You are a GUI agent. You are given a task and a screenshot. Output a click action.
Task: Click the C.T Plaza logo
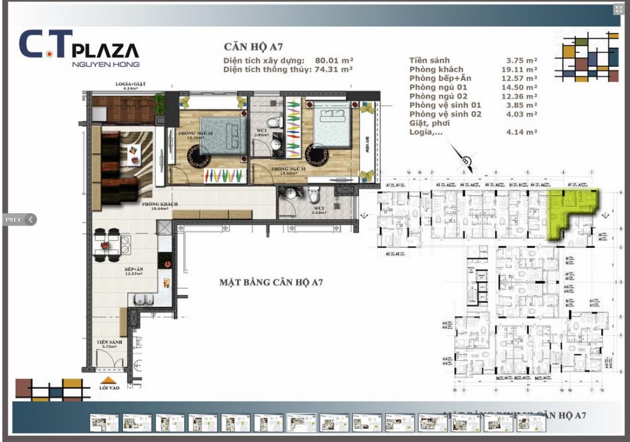click(79, 48)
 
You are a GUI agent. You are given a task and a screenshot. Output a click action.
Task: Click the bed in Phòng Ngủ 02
click(223, 134)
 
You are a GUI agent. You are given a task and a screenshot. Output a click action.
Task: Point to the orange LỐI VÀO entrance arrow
click(109, 380)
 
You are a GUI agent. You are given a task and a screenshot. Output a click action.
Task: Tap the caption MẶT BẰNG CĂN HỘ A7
click(272, 282)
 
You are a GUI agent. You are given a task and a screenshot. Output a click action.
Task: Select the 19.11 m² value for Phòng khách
click(522, 69)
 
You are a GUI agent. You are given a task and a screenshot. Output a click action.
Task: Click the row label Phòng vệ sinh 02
click(445, 114)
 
